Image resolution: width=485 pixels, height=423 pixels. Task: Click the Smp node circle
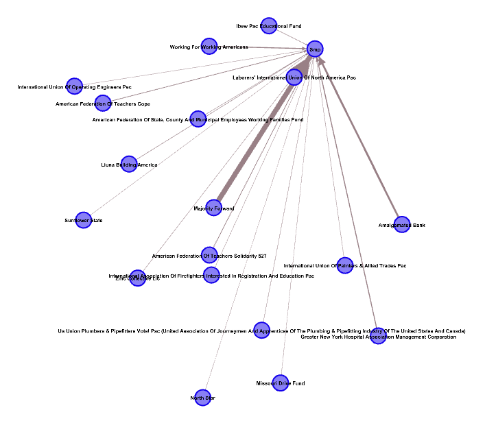315,49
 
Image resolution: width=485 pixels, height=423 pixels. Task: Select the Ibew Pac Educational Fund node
269,26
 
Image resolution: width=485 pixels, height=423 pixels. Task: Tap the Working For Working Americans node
209,46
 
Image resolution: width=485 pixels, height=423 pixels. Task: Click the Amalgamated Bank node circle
402,224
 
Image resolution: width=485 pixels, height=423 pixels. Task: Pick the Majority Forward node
214,207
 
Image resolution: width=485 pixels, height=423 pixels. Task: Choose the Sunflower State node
83,220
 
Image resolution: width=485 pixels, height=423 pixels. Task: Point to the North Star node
202,398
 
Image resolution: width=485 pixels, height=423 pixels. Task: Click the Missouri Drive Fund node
280,383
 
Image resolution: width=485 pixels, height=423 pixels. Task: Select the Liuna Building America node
129,165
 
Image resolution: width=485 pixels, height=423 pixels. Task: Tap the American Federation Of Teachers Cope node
103,103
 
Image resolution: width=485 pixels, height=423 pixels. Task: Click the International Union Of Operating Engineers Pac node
74,86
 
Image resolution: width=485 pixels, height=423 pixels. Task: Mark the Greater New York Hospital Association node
378,336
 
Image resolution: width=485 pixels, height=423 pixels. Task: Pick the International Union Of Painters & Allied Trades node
345,265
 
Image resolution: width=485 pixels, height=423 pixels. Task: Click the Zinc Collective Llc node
138,278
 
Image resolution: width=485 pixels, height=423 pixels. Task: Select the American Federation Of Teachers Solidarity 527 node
209,255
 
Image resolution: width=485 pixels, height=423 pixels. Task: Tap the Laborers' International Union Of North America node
294,77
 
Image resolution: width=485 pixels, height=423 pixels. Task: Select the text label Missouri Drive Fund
280,383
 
